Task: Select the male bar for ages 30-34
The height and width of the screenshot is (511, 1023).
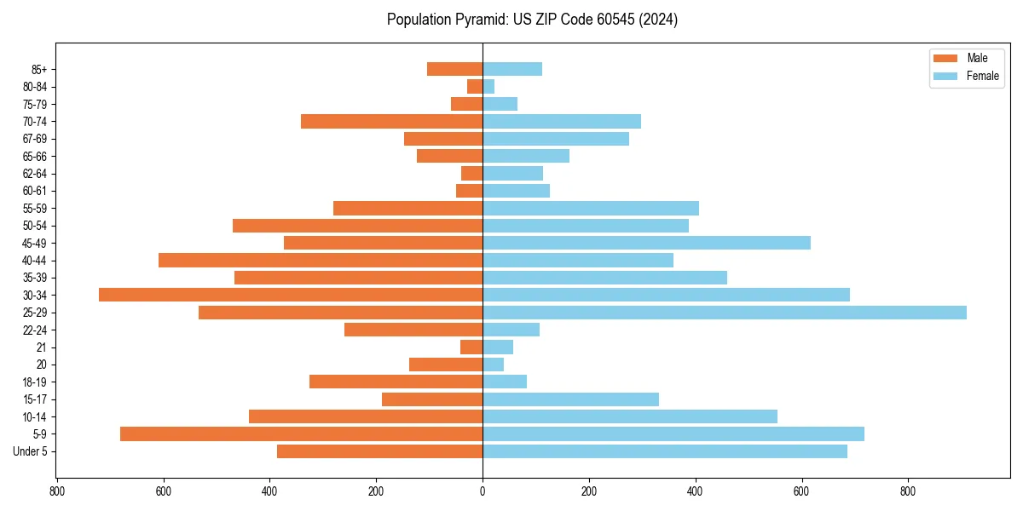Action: click(x=291, y=295)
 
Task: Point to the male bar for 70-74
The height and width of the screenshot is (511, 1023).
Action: click(x=391, y=121)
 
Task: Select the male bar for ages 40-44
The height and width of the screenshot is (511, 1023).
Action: click(x=321, y=260)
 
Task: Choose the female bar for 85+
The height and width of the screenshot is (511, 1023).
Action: click(x=512, y=69)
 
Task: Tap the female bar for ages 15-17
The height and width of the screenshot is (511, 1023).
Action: click(x=570, y=399)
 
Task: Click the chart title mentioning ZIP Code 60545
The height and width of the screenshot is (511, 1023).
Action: click(x=532, y=20)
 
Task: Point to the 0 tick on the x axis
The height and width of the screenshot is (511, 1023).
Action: click(x=483, y=491)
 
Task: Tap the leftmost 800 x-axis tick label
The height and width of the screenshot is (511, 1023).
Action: click(x=57, y=491)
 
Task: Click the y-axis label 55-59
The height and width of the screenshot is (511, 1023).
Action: click(x=34, y=208)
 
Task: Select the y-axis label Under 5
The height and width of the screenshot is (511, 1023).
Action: click(x=31, y=451)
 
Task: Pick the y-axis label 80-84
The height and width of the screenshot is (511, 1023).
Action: click(x=34, y=86)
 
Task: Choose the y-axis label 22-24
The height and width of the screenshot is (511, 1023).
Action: click(x=34, y=330)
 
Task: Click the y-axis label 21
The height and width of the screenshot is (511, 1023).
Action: click(x=41, y=347)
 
